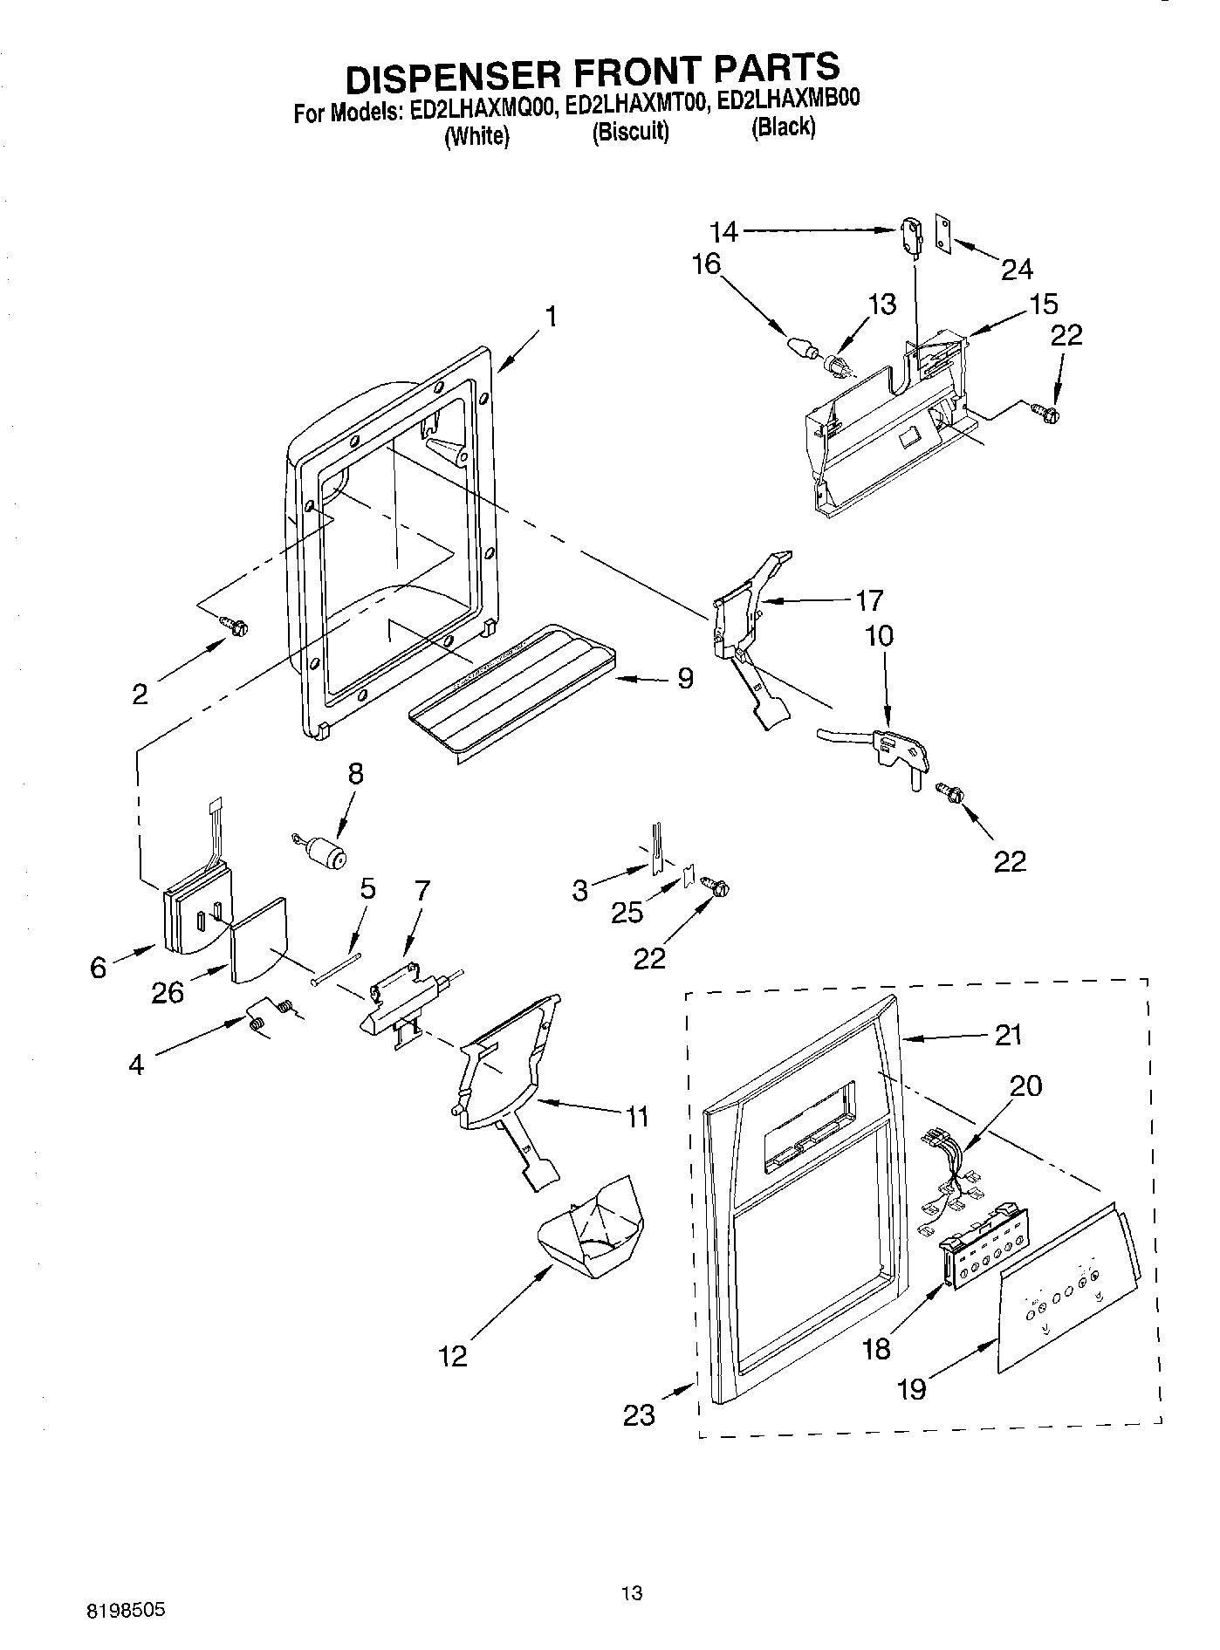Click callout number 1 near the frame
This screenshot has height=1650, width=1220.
551,316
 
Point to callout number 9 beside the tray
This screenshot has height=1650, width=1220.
685,677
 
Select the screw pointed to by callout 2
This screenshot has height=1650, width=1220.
235,626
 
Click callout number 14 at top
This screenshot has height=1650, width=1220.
723,231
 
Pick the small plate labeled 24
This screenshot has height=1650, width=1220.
942,234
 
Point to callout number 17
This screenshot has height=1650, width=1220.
869,600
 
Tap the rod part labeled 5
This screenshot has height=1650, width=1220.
336,969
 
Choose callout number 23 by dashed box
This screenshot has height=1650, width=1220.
639,1414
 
